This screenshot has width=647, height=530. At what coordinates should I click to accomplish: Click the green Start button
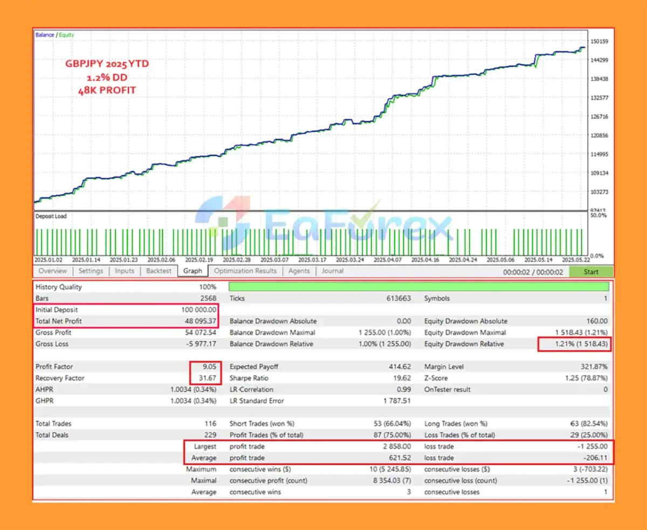click(x=591, y=272)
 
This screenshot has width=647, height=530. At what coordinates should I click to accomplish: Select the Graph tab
click(x=192, y=271)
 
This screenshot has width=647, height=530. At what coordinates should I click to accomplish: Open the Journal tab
click(x=332, y=271)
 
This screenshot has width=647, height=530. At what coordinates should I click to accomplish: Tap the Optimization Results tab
click(x=245, y=271)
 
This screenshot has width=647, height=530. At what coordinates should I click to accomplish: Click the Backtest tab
click(x=159, y=271)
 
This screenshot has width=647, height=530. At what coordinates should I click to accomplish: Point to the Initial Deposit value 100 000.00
click(x=199, y=310)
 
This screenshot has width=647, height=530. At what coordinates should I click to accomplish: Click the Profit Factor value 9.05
click(x=208, y=367)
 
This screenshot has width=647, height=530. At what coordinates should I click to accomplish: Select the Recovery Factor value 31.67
click(x=206, y=378)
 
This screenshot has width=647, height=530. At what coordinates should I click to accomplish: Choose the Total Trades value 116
click(x=210, y=424)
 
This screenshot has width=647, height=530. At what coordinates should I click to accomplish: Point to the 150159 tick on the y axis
click(x=600, y=42)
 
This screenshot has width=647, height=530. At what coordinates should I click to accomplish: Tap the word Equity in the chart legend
click(x=67, y=35)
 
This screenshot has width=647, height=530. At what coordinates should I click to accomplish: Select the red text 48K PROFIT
click(x=107, y=90)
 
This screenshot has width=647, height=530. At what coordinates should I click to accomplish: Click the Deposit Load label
click(x=51, y=216)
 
